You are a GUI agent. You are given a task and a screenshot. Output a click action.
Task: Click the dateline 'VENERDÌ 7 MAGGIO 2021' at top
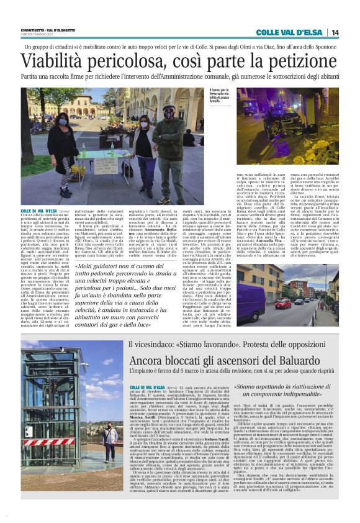[38, 36]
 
